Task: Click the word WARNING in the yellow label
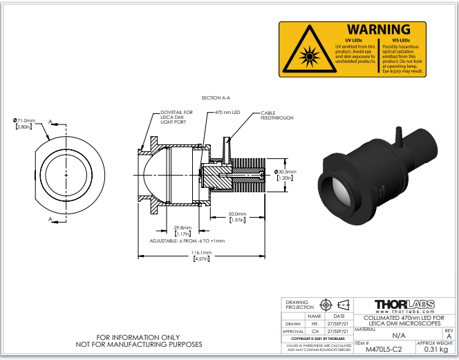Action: (x=378, y=30)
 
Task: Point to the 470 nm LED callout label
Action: (x=227, y=112)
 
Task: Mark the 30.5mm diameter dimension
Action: (x=285, y=172)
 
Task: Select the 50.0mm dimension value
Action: (x=238, y=214)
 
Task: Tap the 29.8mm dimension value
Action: (x=183, y=227)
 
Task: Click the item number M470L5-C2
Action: (x=383, y=349)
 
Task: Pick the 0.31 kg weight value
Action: (x=434, y=349)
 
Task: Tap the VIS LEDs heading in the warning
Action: (x=397, y=40)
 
